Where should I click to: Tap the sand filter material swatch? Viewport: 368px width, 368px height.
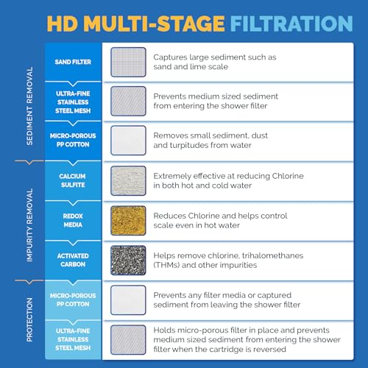128,62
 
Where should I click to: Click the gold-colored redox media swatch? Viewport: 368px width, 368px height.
128,220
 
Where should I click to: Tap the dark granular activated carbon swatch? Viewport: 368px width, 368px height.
128,260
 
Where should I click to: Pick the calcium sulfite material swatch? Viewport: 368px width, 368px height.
128,180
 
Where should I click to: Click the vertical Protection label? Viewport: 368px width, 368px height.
30,318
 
